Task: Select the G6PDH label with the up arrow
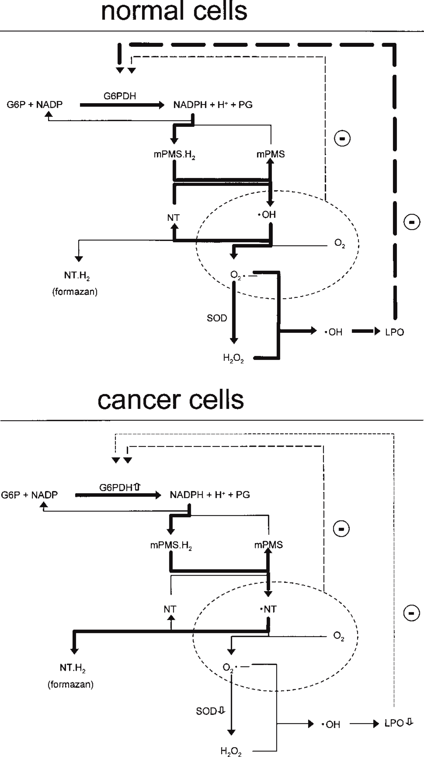coord(120,488)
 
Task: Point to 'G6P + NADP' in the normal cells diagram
coord(35,105)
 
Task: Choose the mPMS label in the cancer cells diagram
coord(269,545)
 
